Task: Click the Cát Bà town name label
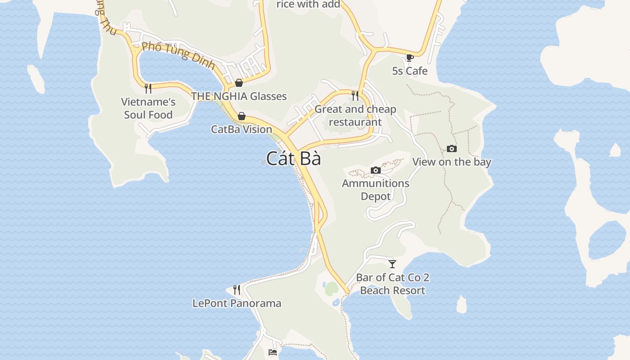tap(293, 159)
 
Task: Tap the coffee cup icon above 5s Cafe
tap(409, 58)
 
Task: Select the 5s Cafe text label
tap(409, 71)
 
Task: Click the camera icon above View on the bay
tap(451, 149)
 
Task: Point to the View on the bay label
tap(451, 162)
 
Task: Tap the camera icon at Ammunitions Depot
tap(375, 170)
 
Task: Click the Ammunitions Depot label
tap(375, 189)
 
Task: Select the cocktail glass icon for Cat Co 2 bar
tap(392, 264)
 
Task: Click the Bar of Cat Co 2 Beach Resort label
tap(392, 284)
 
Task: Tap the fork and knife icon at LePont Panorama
tap(237, 290)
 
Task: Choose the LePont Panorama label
tap(237, 303)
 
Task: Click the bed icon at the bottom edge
tap(273, 352)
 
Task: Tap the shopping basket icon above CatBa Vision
tap(242, 117)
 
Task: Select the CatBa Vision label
tap(242, 130)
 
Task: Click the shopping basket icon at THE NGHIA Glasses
tap(239, 83)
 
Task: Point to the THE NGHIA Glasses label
tap(238, 96)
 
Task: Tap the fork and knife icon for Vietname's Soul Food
tap(148, 89)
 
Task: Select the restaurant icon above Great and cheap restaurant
tap(355, 96)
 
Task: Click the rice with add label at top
tap(308, 4)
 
